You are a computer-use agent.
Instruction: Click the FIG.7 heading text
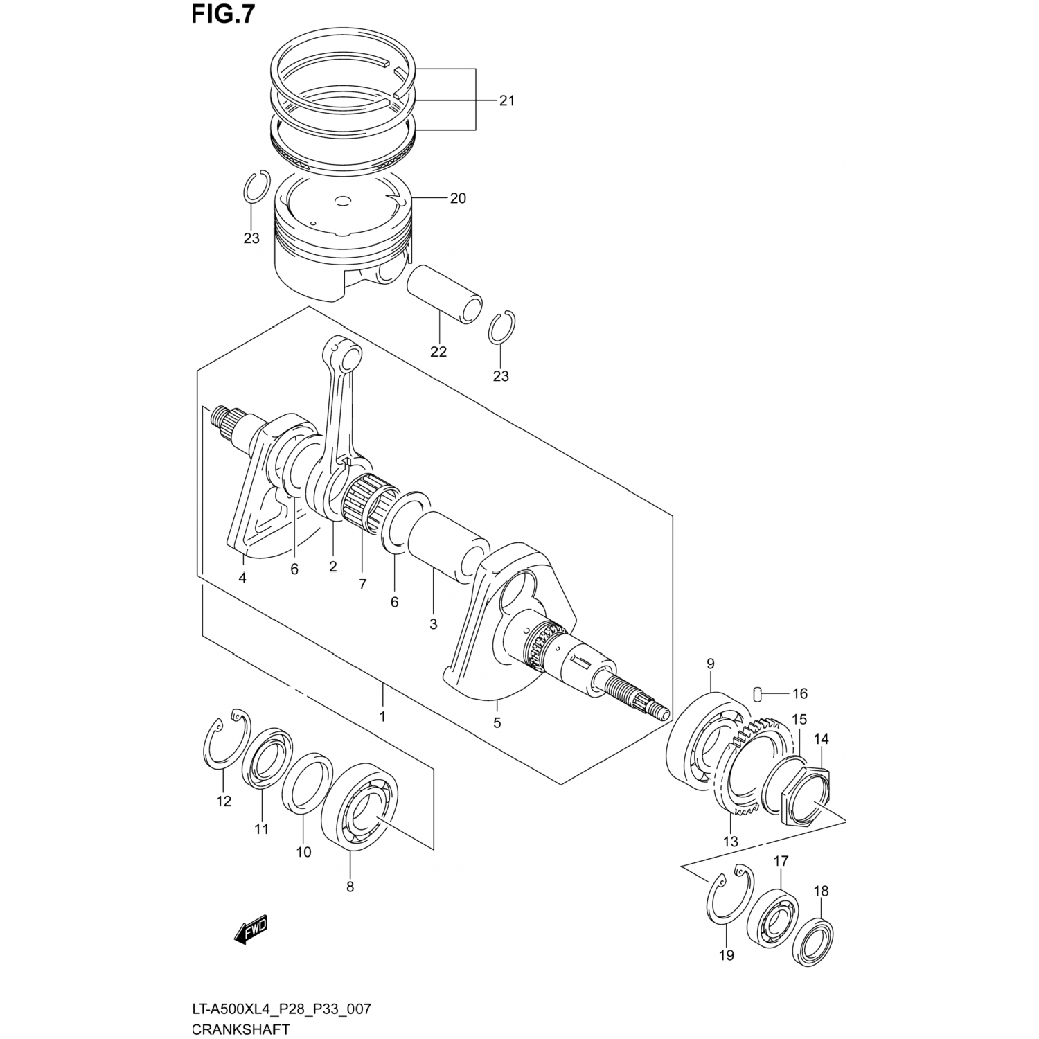pyautogui.click(x=223, y=15)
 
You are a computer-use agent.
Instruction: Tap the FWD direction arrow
pyautogui.click(x=251, y=930)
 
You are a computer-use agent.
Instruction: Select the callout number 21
pyautogui.click(x=507, y=101)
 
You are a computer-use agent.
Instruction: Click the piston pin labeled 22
pyautogui.click(x=445, y=295)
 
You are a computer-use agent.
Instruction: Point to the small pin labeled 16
pyautogui.click(x=758, y=693)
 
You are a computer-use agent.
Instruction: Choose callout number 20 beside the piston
pyautogui.click(x=457, y=199)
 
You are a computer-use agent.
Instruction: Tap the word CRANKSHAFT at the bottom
pyautogui.click(x=240, y=1029)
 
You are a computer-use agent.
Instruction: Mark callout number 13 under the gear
pyautogui.click(x=731, y=842)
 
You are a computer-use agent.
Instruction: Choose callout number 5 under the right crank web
pyautogui.click(x=497, y=725)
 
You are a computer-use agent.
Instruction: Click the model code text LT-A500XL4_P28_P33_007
pyautogui.click(x=282, y=1009)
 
